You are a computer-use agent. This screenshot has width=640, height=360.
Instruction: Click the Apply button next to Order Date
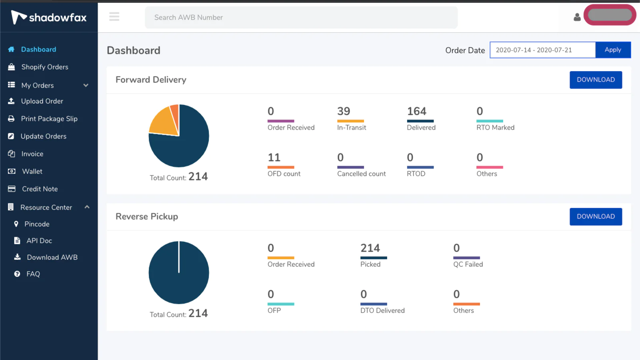pyautogui.click(x=613, y=50)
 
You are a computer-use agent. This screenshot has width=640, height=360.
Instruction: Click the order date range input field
pyautogui.click(x=542, y=50)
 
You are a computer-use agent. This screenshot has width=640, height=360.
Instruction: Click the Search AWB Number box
pyautogui.click(x=301, y=18)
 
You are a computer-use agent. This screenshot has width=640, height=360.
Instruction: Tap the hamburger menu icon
pyautogui.click(x=114, y=17)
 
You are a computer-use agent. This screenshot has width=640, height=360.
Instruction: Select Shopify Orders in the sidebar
pyautogui.click(x=44, y=67)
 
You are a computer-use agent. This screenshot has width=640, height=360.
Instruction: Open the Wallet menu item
pyautogui.click(x=32, y=172)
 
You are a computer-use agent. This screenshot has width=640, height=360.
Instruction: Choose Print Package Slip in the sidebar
pyautogui.click(x=49, y=119)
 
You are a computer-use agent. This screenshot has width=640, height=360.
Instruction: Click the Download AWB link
pyautogui.click(x=52, y=258)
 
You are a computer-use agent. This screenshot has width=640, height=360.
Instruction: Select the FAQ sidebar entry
pyautogui.click(x=33, y=274)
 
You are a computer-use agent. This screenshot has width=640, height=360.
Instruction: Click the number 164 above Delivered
pyautogui.click(x=416, y=111)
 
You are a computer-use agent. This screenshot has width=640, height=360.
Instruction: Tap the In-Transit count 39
pyautogui.click(x=343, y=111)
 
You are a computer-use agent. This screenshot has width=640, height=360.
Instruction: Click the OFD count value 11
pyautogui.click(x=274, y=158)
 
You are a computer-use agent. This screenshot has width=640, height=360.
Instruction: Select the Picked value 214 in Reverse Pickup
pyautogui.click(x=370, y=248)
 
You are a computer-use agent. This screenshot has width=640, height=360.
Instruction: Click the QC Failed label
pyautogui.click(x=468, y=264)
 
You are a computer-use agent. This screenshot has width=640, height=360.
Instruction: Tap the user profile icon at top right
pyautogui.click(x=577, y=17)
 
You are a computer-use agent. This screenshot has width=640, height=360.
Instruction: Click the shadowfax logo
pyautogui.click(x=49, y=17)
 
